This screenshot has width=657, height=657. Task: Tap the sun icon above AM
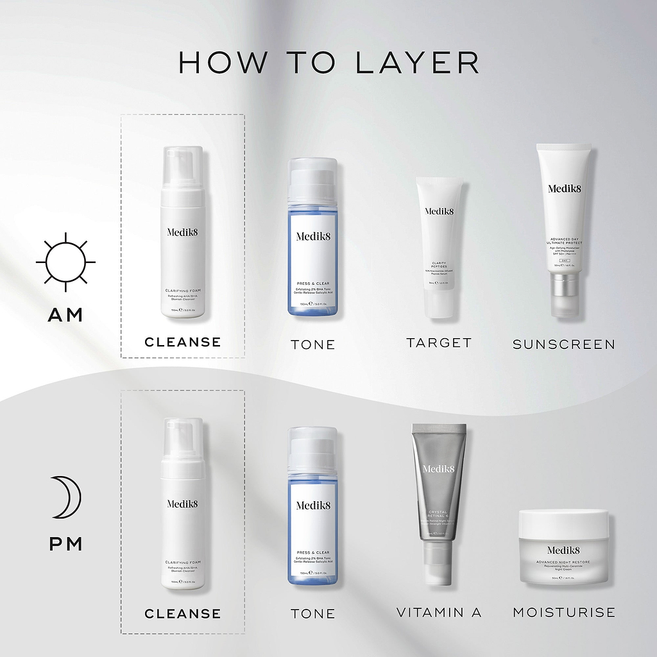coord(65,262)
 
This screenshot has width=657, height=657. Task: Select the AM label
coord(65,314)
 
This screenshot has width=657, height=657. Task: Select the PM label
coord(66,544)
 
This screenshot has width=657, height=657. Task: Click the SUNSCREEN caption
coord(563,345)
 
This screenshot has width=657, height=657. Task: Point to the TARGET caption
coord(439,343)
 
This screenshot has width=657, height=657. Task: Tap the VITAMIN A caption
coord(439,613)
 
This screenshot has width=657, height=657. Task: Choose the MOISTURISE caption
coord(563,613)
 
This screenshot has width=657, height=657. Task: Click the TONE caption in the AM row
coord(312,345)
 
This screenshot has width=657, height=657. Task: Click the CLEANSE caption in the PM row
coord(182,614)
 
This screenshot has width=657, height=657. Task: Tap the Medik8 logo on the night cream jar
coord(563,550)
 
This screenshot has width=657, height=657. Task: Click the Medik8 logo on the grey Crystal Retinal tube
coord(439,469)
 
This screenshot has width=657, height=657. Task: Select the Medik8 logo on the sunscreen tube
coord(564,189)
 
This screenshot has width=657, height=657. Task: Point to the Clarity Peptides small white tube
coord(439,247)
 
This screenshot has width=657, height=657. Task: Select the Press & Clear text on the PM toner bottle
coord(313,552)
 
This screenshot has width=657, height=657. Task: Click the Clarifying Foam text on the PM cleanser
coord(182,562)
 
